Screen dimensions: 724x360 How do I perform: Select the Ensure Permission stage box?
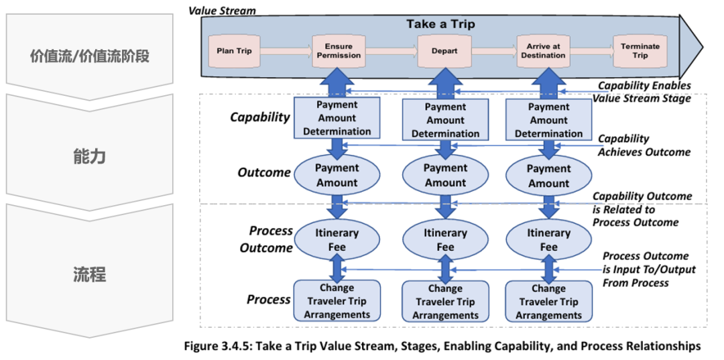click(336, 51)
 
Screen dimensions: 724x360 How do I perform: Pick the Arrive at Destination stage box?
click(546, 51)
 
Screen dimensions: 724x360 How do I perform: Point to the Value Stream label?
click(222, 9)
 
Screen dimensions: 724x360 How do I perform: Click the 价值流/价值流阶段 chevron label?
click(90, 58)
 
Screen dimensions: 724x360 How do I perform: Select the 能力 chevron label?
click(90, 157)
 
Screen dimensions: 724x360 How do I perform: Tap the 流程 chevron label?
click(90, 275)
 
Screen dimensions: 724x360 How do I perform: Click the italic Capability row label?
click(260, 117)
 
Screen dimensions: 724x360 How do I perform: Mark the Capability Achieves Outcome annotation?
click(645, 145)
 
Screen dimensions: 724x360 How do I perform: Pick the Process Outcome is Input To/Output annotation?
click(649, 269)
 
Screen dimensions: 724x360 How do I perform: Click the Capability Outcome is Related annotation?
click(642, 209)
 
